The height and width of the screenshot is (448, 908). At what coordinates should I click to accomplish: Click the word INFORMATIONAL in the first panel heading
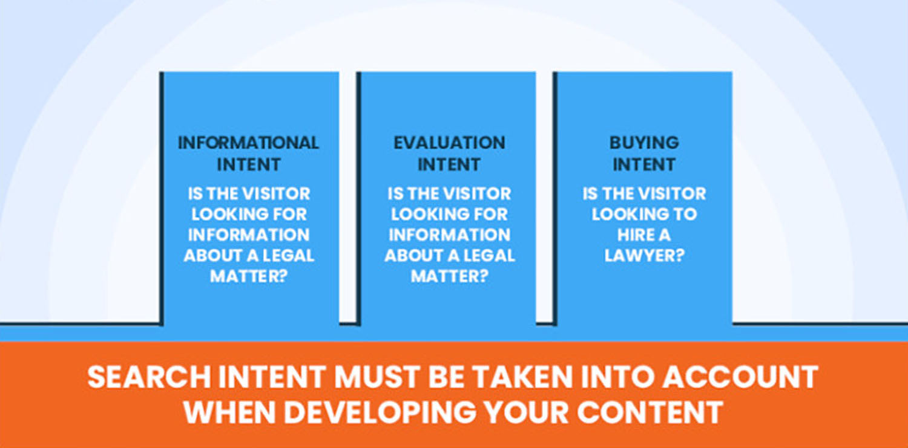point(248,143)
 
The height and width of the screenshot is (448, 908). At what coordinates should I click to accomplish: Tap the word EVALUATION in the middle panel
point(449,143)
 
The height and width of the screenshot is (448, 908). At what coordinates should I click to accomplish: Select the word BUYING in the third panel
point(644,143)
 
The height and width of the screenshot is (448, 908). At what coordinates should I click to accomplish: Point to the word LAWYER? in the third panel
point(644,255)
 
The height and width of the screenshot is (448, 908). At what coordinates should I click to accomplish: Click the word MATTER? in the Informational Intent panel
point(248,276)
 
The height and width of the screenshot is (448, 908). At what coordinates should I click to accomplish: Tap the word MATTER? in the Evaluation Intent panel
point(449,276)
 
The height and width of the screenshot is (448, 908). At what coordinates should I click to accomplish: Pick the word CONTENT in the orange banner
point(650,412)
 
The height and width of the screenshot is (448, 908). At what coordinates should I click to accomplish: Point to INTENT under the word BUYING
point(644,164)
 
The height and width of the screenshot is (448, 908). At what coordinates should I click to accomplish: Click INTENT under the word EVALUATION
point(449,164)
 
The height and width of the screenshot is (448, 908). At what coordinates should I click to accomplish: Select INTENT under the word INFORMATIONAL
point(248,164)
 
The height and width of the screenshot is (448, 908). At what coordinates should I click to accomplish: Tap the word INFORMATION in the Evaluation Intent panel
point(449,235)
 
